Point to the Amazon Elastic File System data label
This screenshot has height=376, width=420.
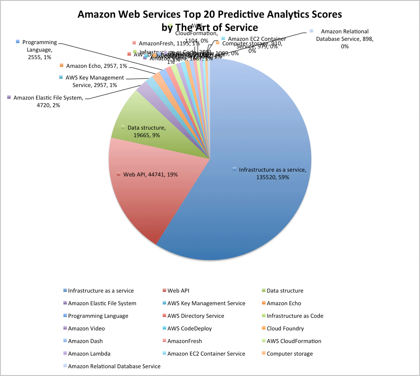pyautogui.click(x=48, y=101)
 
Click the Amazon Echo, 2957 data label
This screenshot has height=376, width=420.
pyautogui.click(x=96, y=66)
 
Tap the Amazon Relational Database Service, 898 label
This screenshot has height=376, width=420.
pyautogui.click(x=345, y=39)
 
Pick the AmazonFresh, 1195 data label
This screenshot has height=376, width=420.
pyautogui.click(x=169, y=43)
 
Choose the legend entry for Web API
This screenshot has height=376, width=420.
pyautogui.click(x=178, y=291)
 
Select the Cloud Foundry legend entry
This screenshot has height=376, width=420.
pyautogui.click(x=285, y=328)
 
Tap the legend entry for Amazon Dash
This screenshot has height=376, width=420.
pyautogui.click(x=85, y=341)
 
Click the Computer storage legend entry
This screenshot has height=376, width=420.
pyautogui.click(x=289, y=354)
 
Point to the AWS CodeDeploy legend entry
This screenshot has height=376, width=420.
pyautogui.click(x=189, y=328)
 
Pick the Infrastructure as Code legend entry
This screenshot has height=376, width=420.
pyautogui.click(x=295, y=316)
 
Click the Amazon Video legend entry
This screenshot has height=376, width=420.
pyautogui.click(x=86, y=328)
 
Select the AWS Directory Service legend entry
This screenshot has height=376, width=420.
pyautogui.click(x=196, y=316)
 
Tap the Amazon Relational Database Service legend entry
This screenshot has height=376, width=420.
pyautogui.click(x=114, y=366)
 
